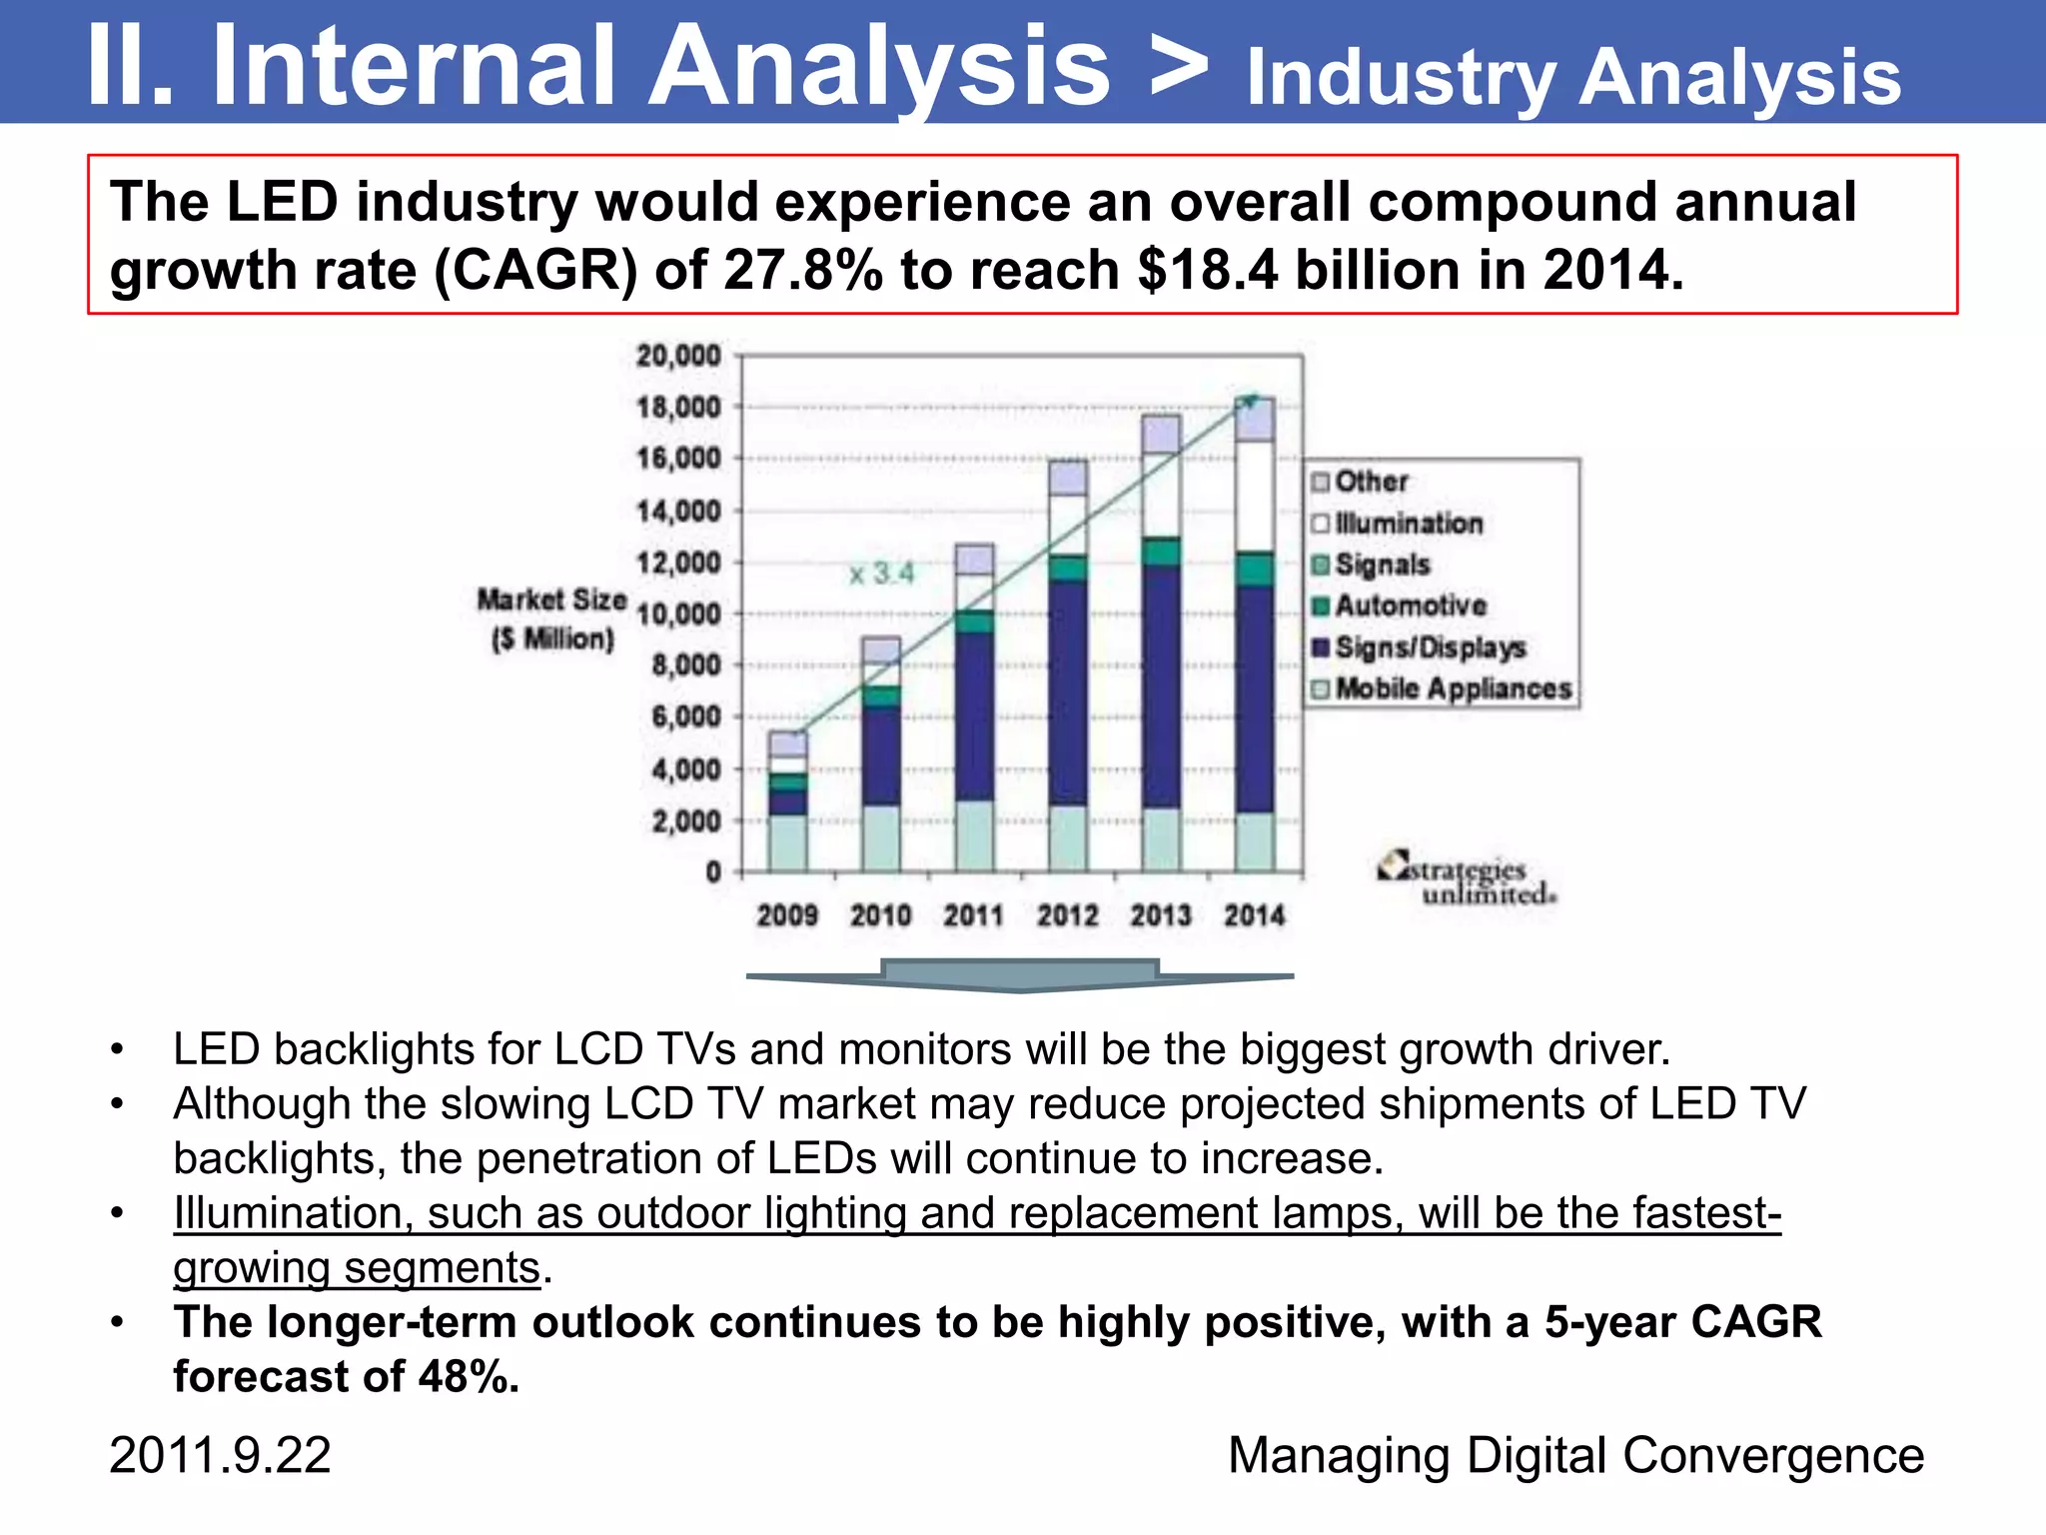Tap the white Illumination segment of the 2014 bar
tap(1254, 496)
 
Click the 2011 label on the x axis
tap(973, 915)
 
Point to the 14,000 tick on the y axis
tap(678, 512)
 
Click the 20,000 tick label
tap(678, 356)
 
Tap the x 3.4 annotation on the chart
tap(881, 574)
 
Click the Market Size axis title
tap(551, 619)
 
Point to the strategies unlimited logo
tap(1466, 879)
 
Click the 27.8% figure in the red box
tap(802, 271)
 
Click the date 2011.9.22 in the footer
tap(220, 1455)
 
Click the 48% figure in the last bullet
tap(469, 1376)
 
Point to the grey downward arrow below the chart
tap(1019, 975)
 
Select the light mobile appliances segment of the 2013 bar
tap(1160, 839)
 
